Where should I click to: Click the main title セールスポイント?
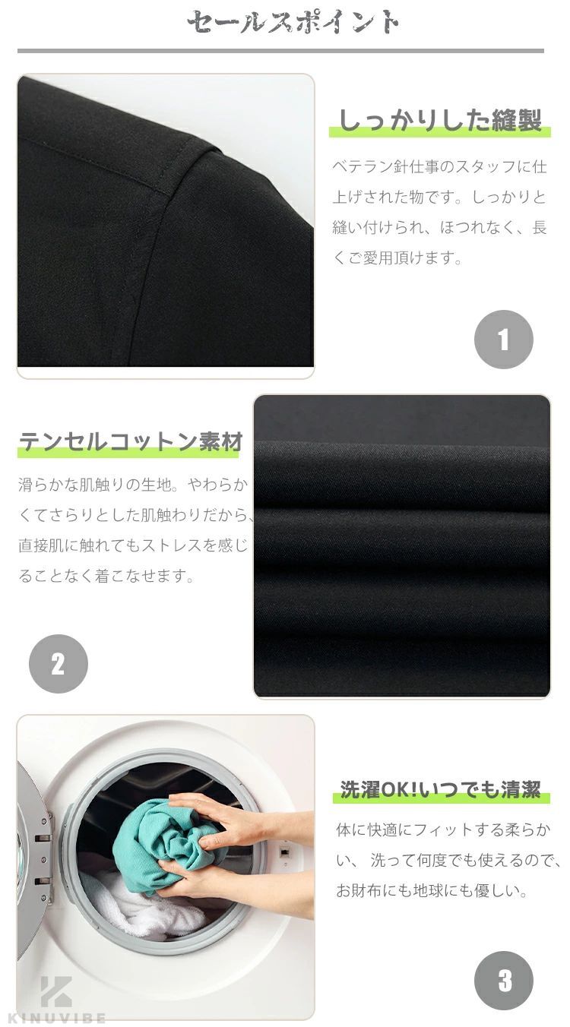click(293, 22)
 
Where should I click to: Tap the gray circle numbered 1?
click(504, 340)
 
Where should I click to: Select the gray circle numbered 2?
click(59, 663)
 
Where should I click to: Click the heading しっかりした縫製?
click(440, 121)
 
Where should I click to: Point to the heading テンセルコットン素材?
click(130, 441)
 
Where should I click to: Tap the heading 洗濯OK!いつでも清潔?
click(440, 789)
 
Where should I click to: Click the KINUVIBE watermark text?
click(57, 1019)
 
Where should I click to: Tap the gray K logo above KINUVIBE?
click(56, 992)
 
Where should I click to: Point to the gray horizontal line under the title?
click(280, 51)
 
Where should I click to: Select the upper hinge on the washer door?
click(43, 838)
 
